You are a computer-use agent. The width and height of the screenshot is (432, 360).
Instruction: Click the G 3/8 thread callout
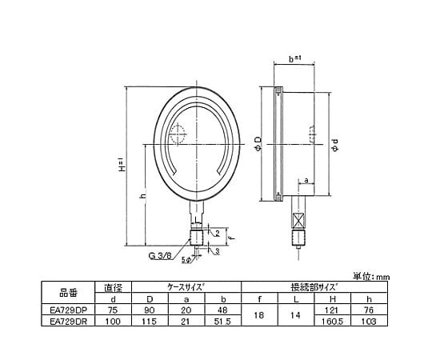tap(160, 257)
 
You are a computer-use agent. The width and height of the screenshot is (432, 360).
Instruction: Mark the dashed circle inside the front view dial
tap(178, 134)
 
